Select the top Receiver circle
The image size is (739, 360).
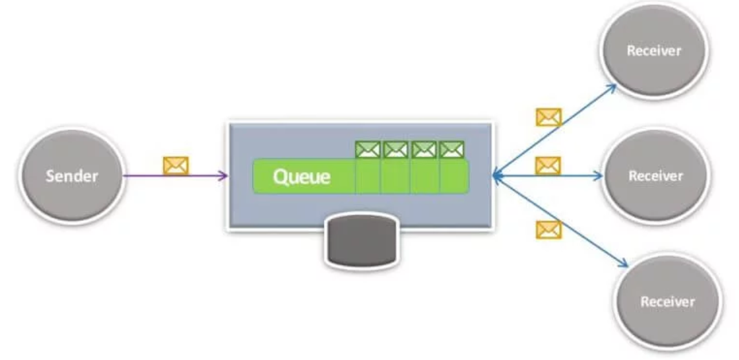click(654, 51)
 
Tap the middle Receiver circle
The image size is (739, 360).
click(655, 175)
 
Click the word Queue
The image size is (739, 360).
click(301, 176)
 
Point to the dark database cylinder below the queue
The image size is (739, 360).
click(359, 240)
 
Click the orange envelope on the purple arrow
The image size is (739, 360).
click(176, 166)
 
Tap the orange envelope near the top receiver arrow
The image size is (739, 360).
click(548, 117)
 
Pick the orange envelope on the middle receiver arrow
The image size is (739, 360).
click(548, 165)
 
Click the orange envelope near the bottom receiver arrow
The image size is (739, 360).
click(548, 229)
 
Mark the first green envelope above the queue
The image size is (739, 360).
click(368, 150)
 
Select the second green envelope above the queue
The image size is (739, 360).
click(395, 150)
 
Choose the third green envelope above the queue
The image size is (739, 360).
click(424, 150)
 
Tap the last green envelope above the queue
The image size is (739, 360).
click(451, 150)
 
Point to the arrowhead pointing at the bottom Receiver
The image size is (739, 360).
click(623, 263)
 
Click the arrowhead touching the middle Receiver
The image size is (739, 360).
click(599, 175)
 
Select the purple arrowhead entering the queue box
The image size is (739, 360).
click(222, 175)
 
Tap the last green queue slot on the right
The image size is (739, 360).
click(454, 176)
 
